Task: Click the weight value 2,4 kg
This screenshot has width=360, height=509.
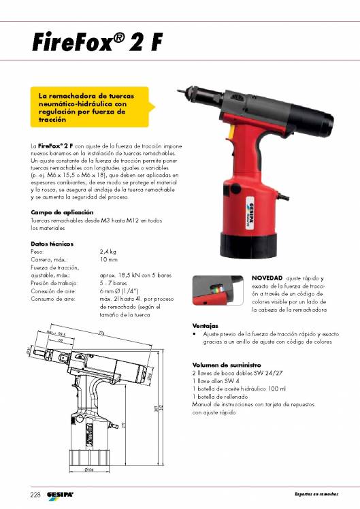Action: (x=109, y=252)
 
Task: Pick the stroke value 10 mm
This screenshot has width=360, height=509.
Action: (x=109, y=259)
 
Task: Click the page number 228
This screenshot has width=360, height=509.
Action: (x=35, y=493)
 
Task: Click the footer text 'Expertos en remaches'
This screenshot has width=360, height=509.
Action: (x=316, y=493)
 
